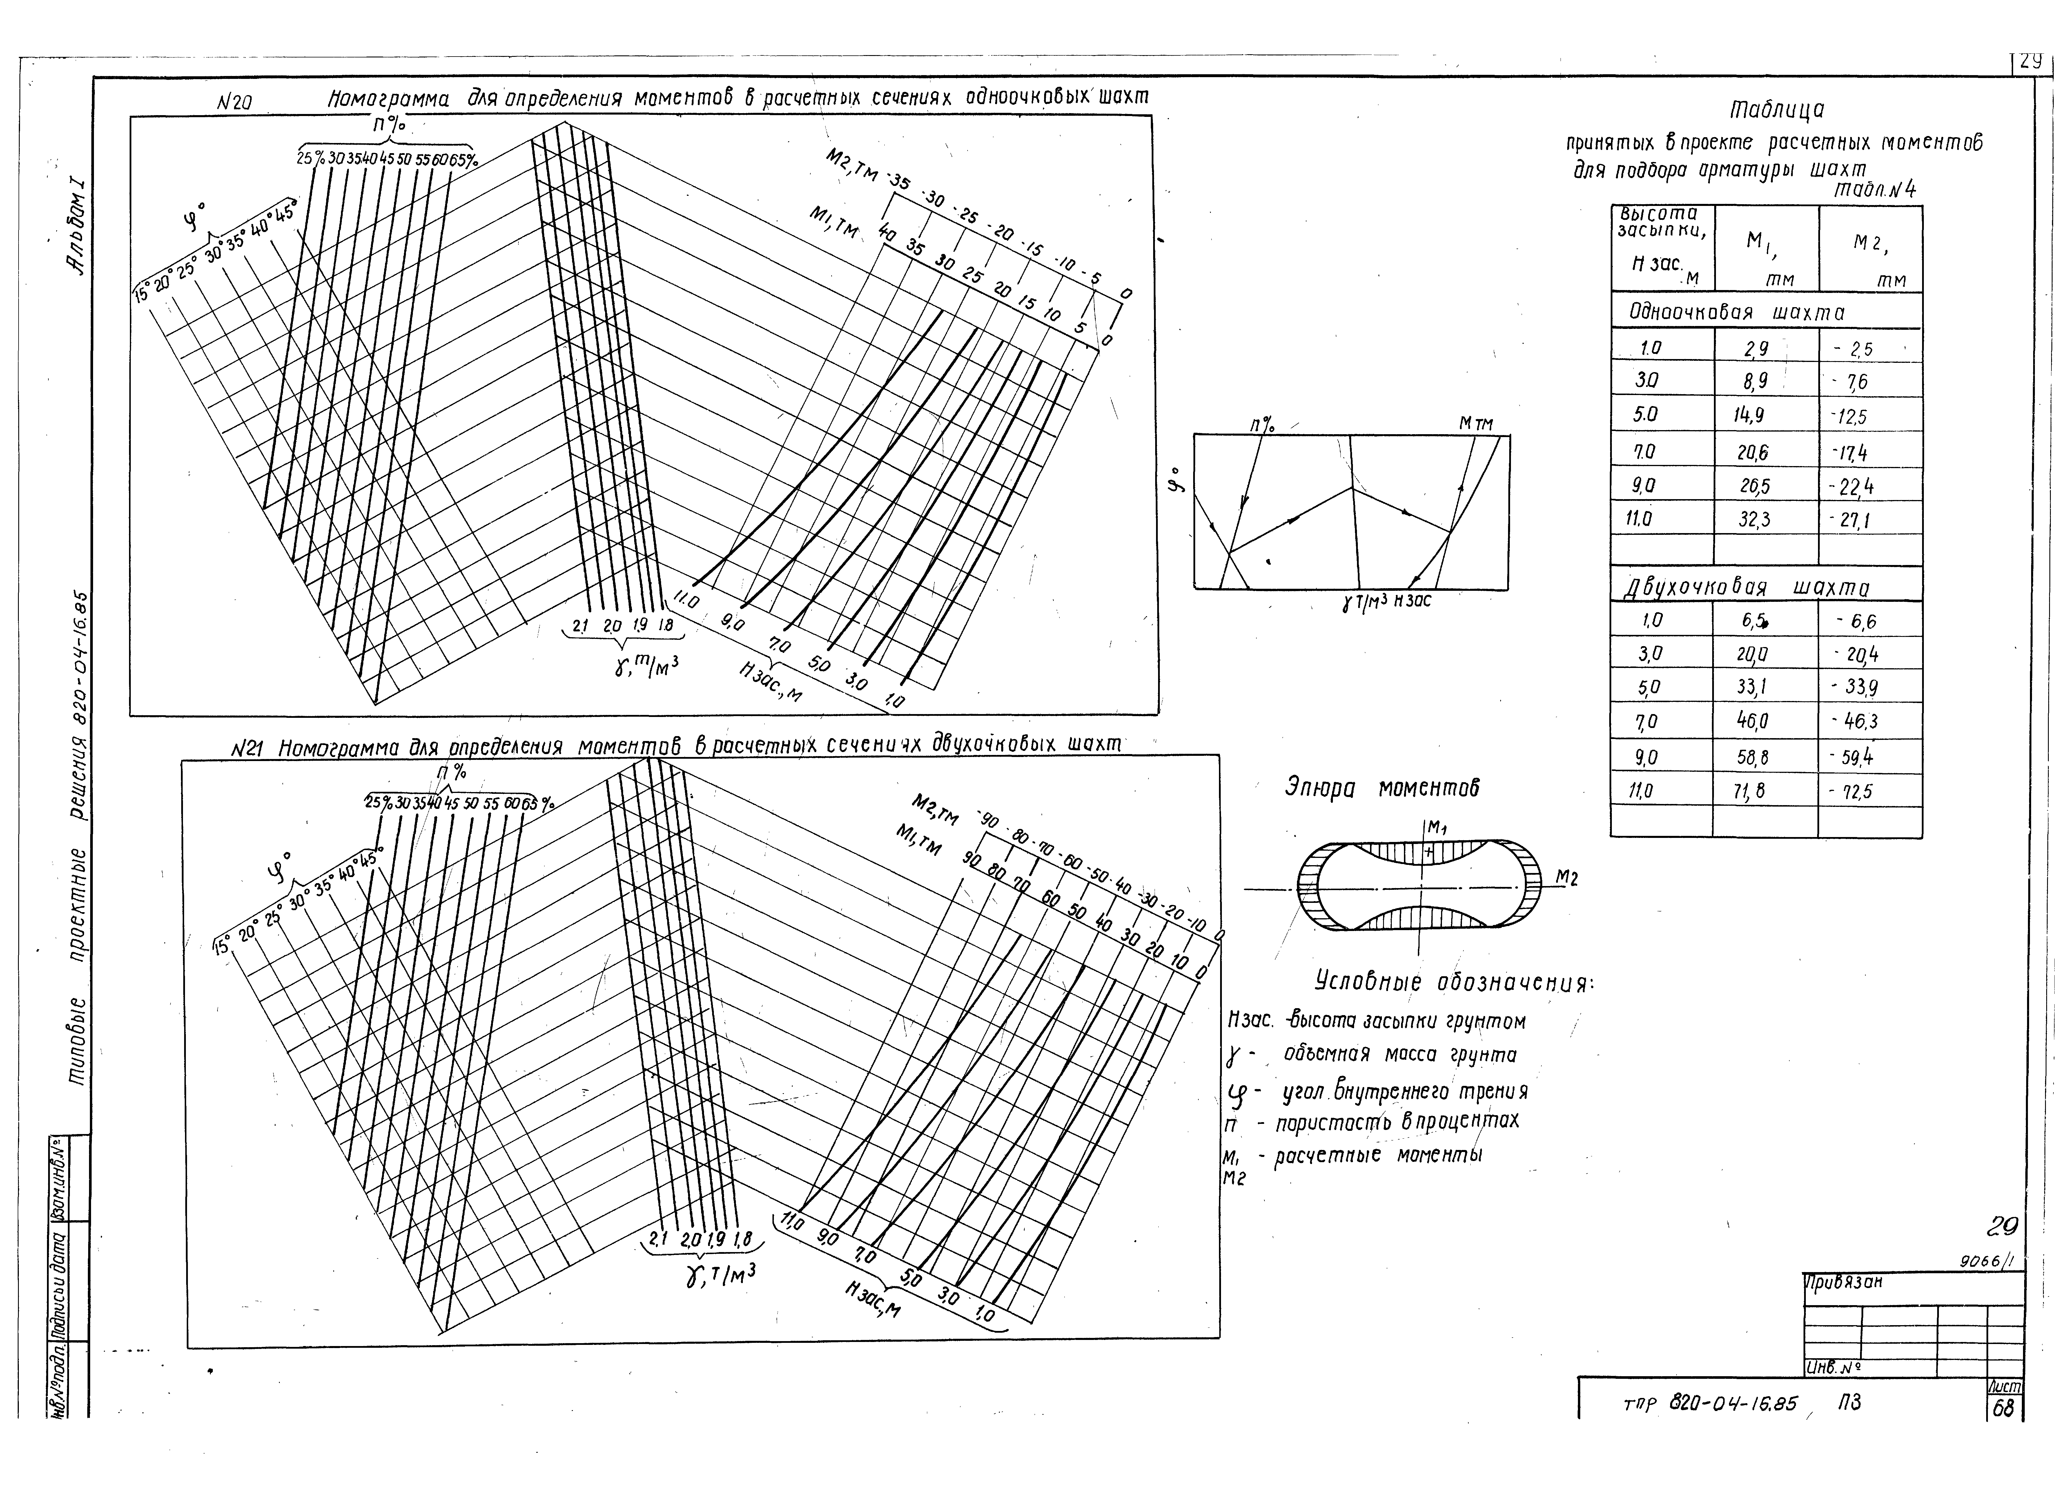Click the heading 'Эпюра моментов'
pos(1381,788)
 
